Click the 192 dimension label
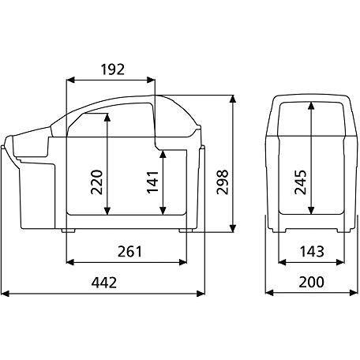[x=112, y=69]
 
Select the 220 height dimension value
[x=96, y=182]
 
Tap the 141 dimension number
[x=153, y=182]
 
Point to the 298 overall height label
[x=223, y=182]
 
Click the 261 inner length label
[x=129, y=251]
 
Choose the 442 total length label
[x=104, y=283]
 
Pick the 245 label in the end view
[x=301, y=182]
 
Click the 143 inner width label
[x=312, y=251]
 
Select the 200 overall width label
[x=311, y=282]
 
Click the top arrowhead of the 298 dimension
[x=233, y=99]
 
